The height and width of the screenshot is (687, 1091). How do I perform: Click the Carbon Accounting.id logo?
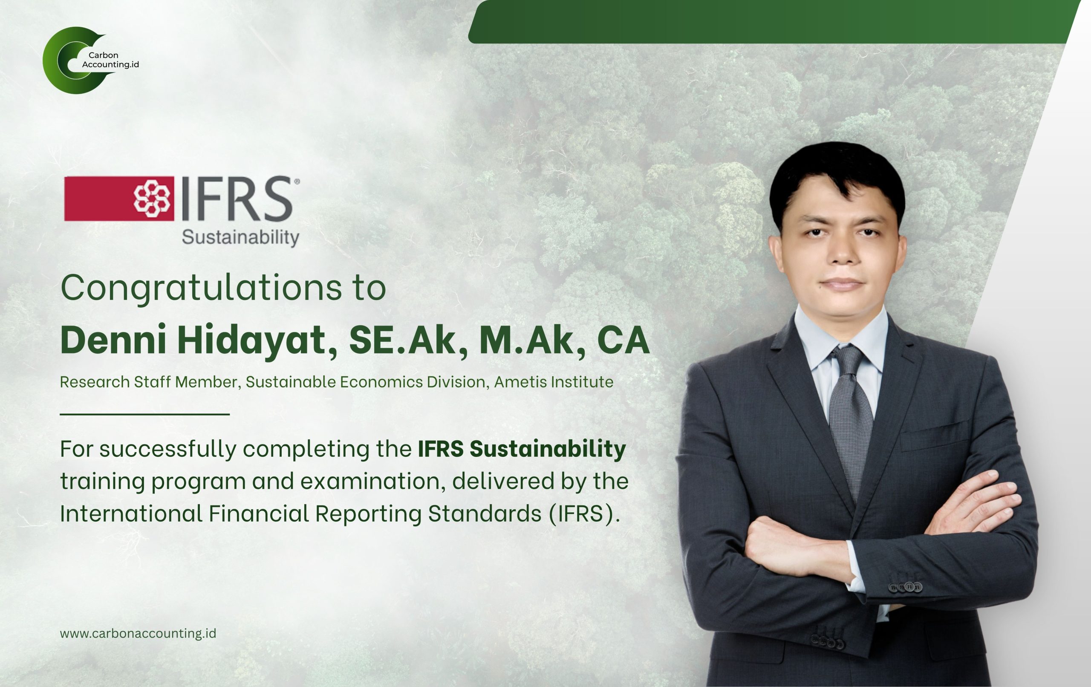(91, 60)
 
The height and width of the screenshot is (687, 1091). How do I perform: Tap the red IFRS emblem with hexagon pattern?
(119, 199)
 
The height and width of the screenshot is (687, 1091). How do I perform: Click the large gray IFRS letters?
(237, 199)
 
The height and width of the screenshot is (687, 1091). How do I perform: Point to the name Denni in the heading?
(113, 339)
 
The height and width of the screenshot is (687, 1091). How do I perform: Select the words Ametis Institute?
(554, 382)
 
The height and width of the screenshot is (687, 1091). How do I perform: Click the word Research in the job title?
(95, 382)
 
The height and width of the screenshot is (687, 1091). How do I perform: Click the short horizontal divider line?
(145, 414)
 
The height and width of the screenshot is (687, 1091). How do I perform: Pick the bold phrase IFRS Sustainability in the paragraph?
(522, 449)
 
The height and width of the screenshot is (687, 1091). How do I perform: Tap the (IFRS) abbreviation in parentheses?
(584, 514)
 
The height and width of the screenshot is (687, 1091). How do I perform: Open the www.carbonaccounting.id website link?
(138, 633)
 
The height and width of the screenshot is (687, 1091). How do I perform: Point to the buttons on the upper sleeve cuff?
(905, 588)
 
